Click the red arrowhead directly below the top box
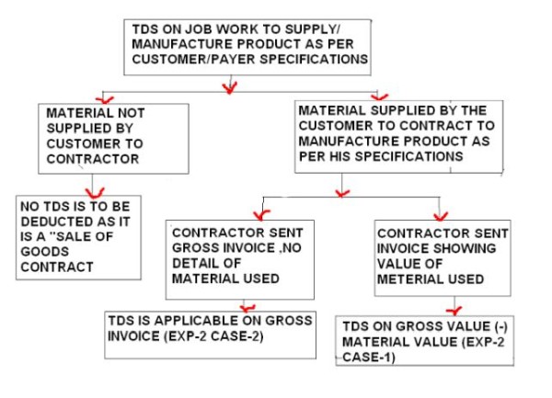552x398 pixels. coord(229,87)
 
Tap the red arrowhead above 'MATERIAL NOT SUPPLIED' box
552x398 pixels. coord(109,97)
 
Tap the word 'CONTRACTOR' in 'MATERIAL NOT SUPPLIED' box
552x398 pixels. coord(91,158)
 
